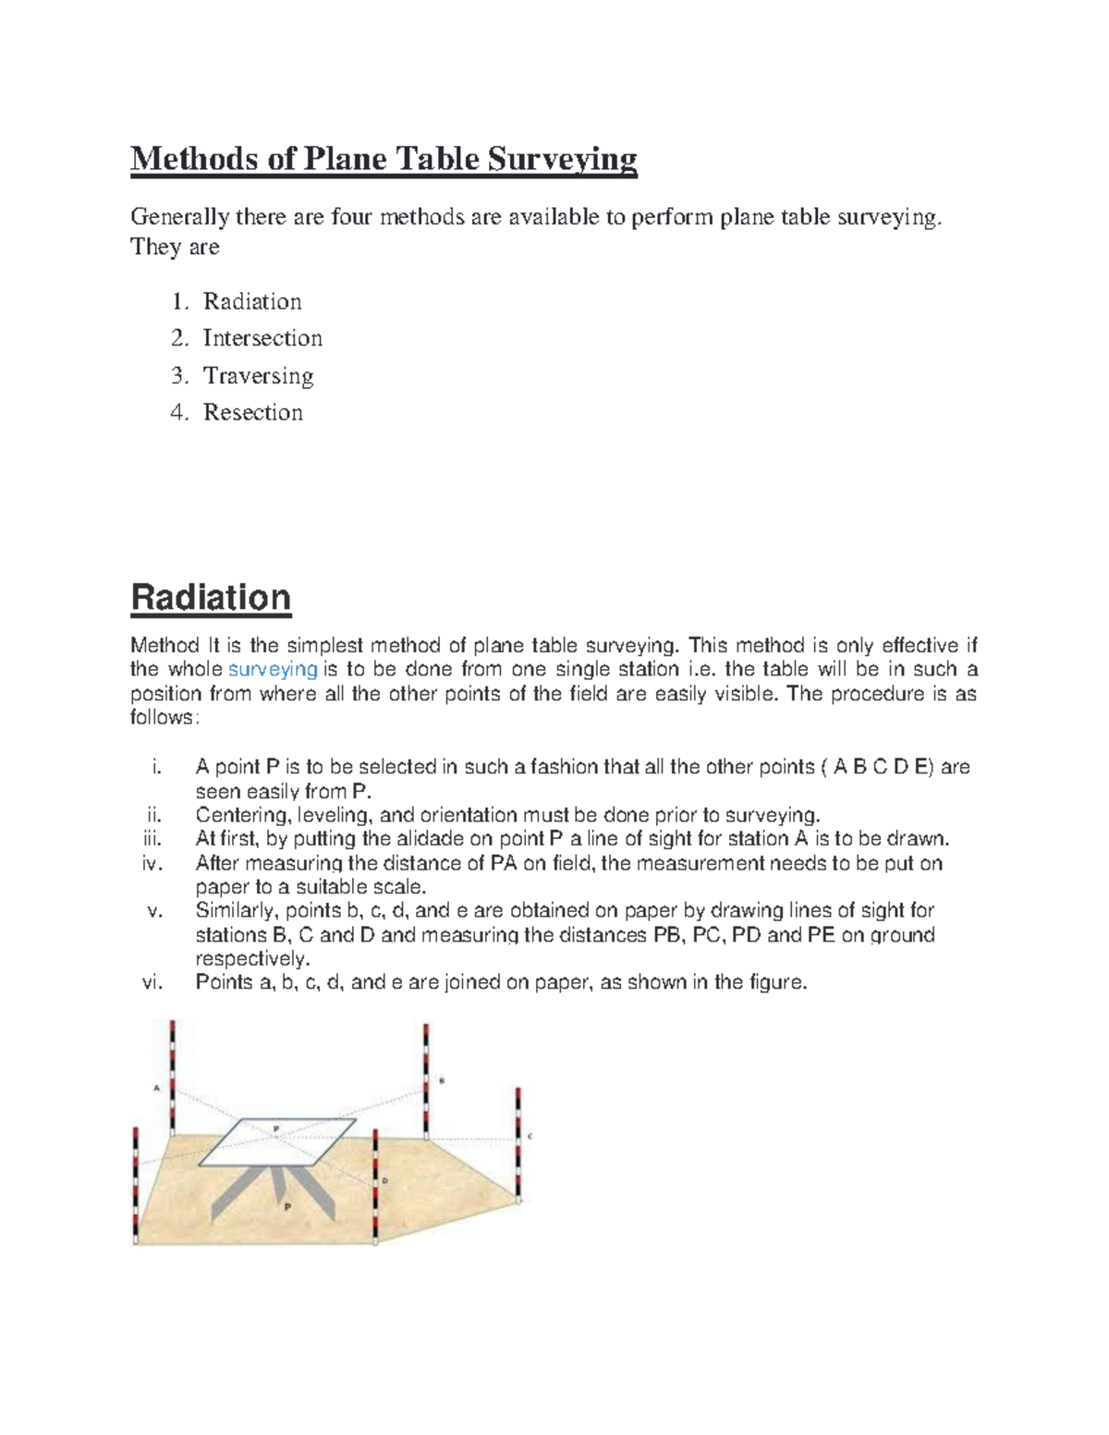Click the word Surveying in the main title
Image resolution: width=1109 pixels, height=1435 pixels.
[562, 159]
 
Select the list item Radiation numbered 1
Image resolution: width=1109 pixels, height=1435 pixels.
[252, 301]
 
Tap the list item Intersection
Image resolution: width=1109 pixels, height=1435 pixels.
[262, 338]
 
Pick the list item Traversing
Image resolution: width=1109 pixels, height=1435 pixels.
[258, 375]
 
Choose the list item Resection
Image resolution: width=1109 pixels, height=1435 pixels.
[252, 412]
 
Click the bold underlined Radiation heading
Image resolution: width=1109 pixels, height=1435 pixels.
[211, 597]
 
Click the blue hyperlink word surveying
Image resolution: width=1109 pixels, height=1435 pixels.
[273, 669]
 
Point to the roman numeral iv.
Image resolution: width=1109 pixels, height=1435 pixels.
[152, 863]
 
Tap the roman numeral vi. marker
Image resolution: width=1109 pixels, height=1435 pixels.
[152, 982]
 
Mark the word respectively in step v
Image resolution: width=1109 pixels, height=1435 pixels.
[252, 958]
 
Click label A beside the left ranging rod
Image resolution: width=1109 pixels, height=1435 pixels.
[156, 1088]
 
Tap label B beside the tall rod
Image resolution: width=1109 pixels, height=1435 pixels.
[442, 1079]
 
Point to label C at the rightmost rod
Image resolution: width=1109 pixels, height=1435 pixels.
[530, 1137]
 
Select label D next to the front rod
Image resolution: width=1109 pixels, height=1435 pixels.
[384, 1181]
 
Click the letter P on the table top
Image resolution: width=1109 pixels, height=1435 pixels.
[275, 1129]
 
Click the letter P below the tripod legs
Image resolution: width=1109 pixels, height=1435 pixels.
[287, 1207]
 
